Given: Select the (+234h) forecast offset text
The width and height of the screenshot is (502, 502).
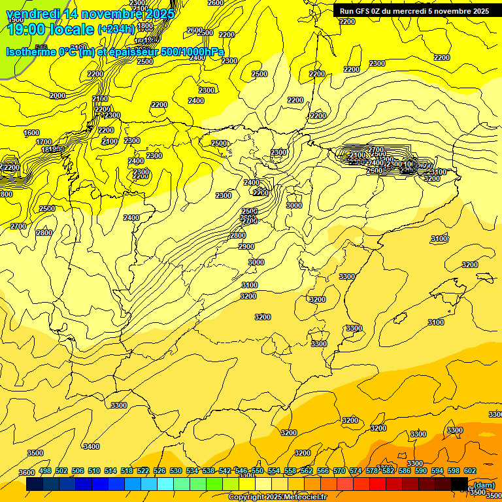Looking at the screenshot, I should [116, 29].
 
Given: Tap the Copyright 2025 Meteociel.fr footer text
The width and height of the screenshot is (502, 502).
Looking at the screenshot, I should [276, 497].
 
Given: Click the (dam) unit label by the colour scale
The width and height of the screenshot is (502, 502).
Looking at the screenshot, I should [483, 485].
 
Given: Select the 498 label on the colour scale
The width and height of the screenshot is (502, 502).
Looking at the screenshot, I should [45, 471].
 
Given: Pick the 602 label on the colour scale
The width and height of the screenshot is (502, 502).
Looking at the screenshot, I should [470, 471].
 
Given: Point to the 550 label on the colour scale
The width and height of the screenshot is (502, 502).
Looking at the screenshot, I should [258, 471].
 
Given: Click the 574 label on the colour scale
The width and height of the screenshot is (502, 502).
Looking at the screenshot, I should [356, 471].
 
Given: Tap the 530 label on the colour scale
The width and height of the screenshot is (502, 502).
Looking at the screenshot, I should [176, 471].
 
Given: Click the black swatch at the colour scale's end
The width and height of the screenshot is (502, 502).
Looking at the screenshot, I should [460, 484].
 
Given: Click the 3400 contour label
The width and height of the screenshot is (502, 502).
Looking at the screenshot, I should [92, 446].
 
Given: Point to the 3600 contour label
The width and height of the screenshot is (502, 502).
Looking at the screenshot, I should [26, 473].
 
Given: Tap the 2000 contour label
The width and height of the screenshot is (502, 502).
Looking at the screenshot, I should [58, 95].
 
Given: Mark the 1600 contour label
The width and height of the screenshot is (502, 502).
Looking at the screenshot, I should [31, 133].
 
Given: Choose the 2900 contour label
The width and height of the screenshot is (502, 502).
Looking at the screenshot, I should [246, 246].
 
